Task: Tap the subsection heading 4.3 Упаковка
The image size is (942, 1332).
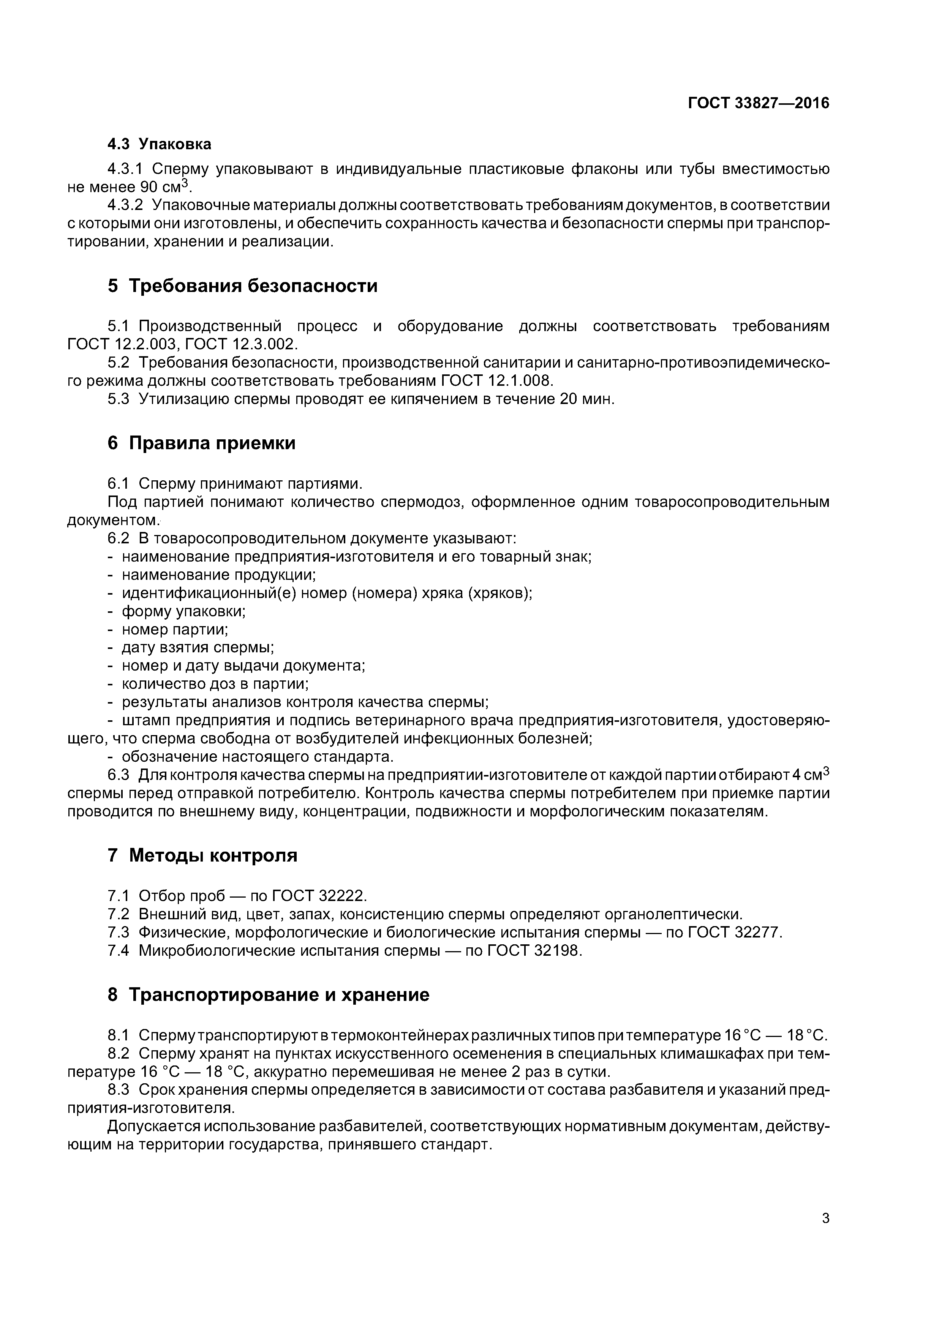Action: click(x=159, y=144)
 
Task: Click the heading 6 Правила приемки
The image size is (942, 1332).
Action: click(x=201, y=443)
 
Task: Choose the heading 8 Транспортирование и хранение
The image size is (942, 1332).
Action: click(x=268, y=994)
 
